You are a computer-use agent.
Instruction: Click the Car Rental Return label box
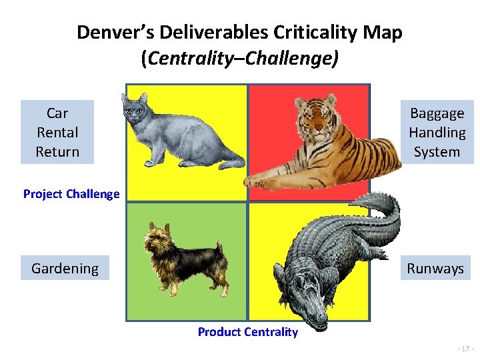coord(57,132)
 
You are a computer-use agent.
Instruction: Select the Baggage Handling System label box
coord(437,132)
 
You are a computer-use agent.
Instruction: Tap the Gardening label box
coord(65,268)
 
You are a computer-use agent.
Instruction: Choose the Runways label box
coord(436,268)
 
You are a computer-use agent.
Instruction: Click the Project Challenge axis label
coord(71,194)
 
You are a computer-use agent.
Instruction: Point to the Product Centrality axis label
coord(247,331)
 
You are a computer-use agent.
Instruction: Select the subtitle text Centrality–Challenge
coord(241,59)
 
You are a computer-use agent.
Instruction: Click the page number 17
coord(465,349)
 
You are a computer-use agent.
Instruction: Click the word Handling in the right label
coord(437,132)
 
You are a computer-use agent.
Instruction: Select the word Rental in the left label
coord(57,132)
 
